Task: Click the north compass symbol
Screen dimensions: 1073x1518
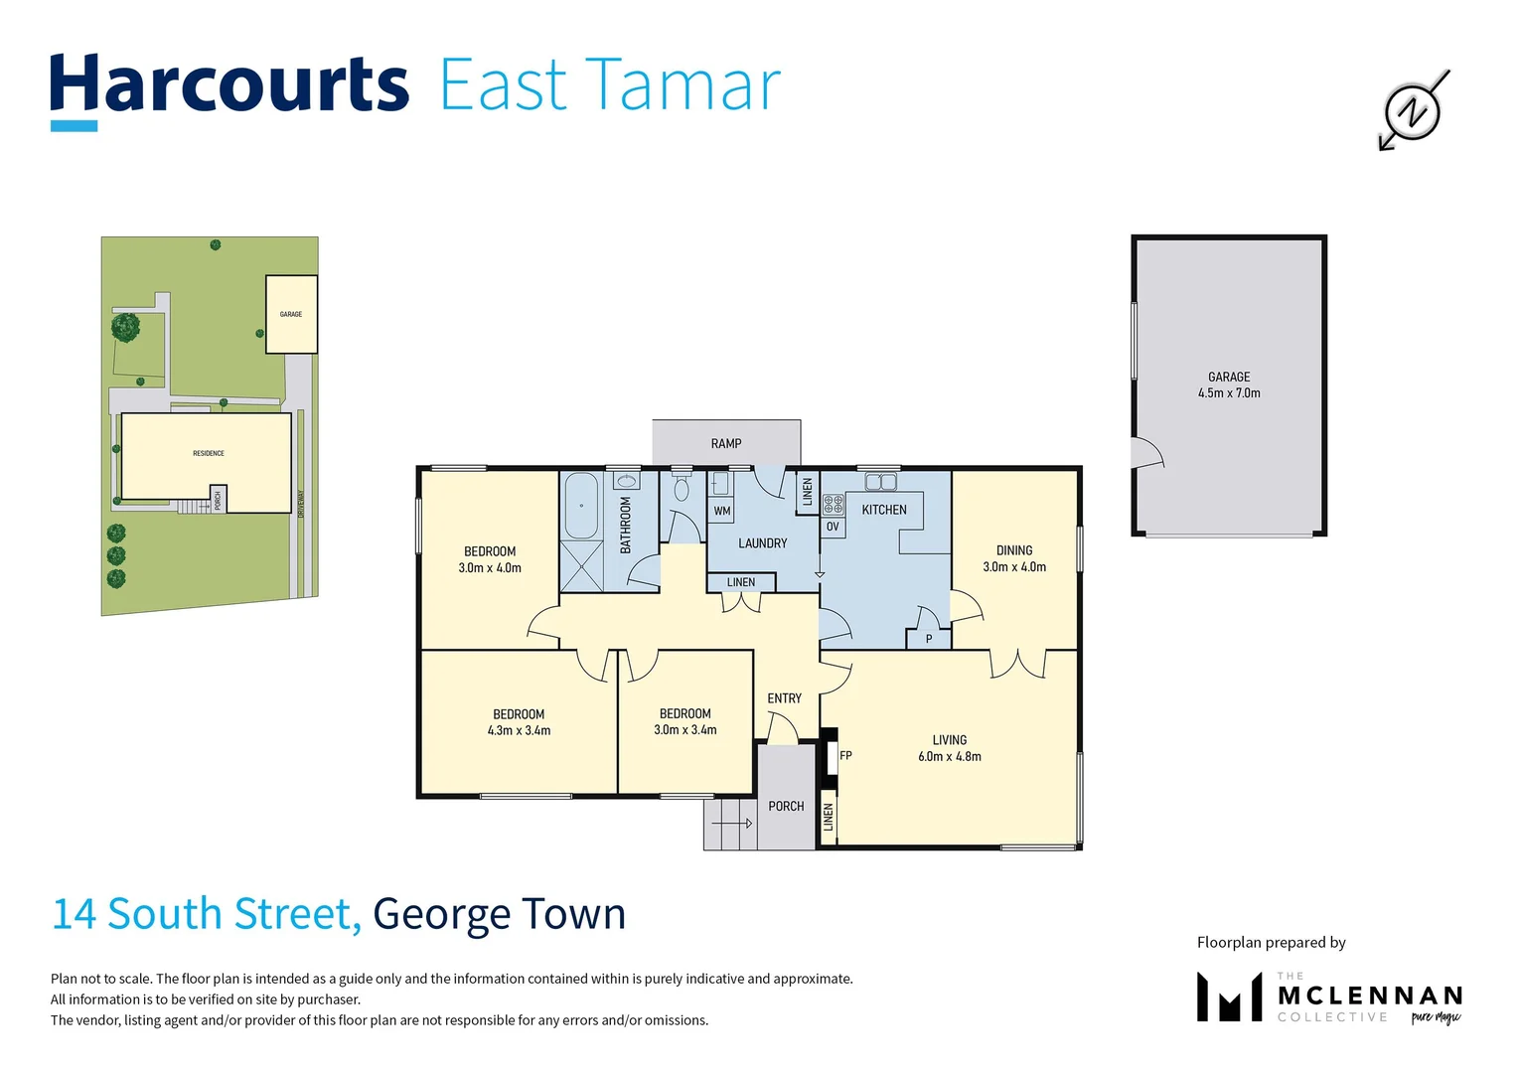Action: (x=1412, y=110)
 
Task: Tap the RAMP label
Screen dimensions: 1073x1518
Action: (x=726, y=443)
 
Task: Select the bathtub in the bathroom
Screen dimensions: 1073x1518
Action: (x=581, y=505)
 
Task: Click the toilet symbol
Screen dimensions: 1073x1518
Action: (x=682, y=489)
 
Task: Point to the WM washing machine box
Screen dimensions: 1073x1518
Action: (x=722, y=511)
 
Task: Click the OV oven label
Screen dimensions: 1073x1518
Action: (x=833, y=527)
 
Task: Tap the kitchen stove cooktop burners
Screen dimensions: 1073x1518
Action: (x=833, y=505)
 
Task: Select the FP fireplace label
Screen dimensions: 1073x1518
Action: (x=845, y=756)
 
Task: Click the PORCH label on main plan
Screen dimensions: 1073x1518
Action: (x=786, y=806)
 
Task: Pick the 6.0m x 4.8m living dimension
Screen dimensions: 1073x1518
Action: (x=949, y=757)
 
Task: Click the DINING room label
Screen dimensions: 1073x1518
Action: (x=1014, y=550)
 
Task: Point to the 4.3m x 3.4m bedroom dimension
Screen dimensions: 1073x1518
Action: (x=519, y=730)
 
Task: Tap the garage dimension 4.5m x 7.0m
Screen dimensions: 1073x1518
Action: (x=1229, y=393)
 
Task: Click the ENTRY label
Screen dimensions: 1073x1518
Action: (x=784, y=698)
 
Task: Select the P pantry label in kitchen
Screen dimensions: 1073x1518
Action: (x=929, y=639)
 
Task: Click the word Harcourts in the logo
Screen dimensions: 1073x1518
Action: (x=229, y=85)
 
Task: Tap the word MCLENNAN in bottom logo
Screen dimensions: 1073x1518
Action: (x=1370, y=996)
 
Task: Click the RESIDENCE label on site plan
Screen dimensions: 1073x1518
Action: (x=209, y=453)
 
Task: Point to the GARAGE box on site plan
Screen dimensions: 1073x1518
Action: (x=291, y=314)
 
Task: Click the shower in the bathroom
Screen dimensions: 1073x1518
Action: (x=581, y=565)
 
